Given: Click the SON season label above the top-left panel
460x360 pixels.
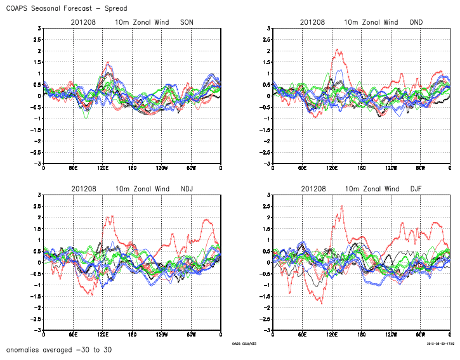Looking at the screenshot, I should point(187,22).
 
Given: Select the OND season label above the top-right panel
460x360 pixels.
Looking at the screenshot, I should point(416,22).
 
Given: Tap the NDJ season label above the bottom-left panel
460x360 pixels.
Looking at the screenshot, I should point(187,189).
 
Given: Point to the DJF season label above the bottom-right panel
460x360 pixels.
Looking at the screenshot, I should point(416,189).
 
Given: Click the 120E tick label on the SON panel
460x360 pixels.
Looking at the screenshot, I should point(102,168).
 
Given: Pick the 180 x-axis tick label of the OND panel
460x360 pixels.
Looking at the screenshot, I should point(362,168).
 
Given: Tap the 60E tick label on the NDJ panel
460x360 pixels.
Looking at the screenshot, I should point(72,335).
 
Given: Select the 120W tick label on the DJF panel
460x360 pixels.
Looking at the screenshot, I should point(391,335).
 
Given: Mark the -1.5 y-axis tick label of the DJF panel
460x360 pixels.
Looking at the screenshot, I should point(265,297).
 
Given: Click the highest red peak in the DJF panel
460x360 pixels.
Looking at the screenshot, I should point(342,206).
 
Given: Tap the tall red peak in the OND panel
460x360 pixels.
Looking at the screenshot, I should point(338,49).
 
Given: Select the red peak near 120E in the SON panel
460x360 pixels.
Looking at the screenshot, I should point(108,62).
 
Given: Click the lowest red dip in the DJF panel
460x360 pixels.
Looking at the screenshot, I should point(321,303).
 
